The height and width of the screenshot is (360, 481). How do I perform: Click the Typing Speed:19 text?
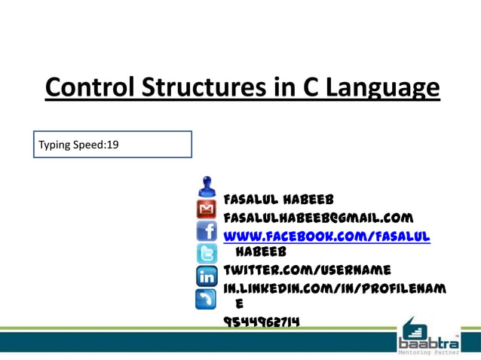pyautogui.click(x=79, y=144)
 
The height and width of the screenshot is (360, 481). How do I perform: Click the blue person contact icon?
pyautogui.click(x=207, y=185)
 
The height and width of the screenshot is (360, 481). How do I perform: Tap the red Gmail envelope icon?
pyautogui.click(x=207, y=208)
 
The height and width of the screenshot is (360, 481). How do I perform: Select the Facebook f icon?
pyautogui.click(x=207, y=230)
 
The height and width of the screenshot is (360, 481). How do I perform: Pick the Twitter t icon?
pyautogui.click(x=207, y=253)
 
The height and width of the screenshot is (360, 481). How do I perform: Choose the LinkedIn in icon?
pyautogui.click(x=207, y=276)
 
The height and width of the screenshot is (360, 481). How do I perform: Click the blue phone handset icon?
pyautogui.click(x=207, y=299)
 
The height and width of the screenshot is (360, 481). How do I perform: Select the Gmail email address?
pyautogui.click(x=318, y=218)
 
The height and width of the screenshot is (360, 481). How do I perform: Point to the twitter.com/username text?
pyautogui.click(x=307, y=270)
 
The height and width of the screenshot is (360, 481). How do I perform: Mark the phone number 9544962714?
pyautogui.click(x=262, y=322)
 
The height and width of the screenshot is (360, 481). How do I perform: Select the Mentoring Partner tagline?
pyautogui.click(x=426, y=350)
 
